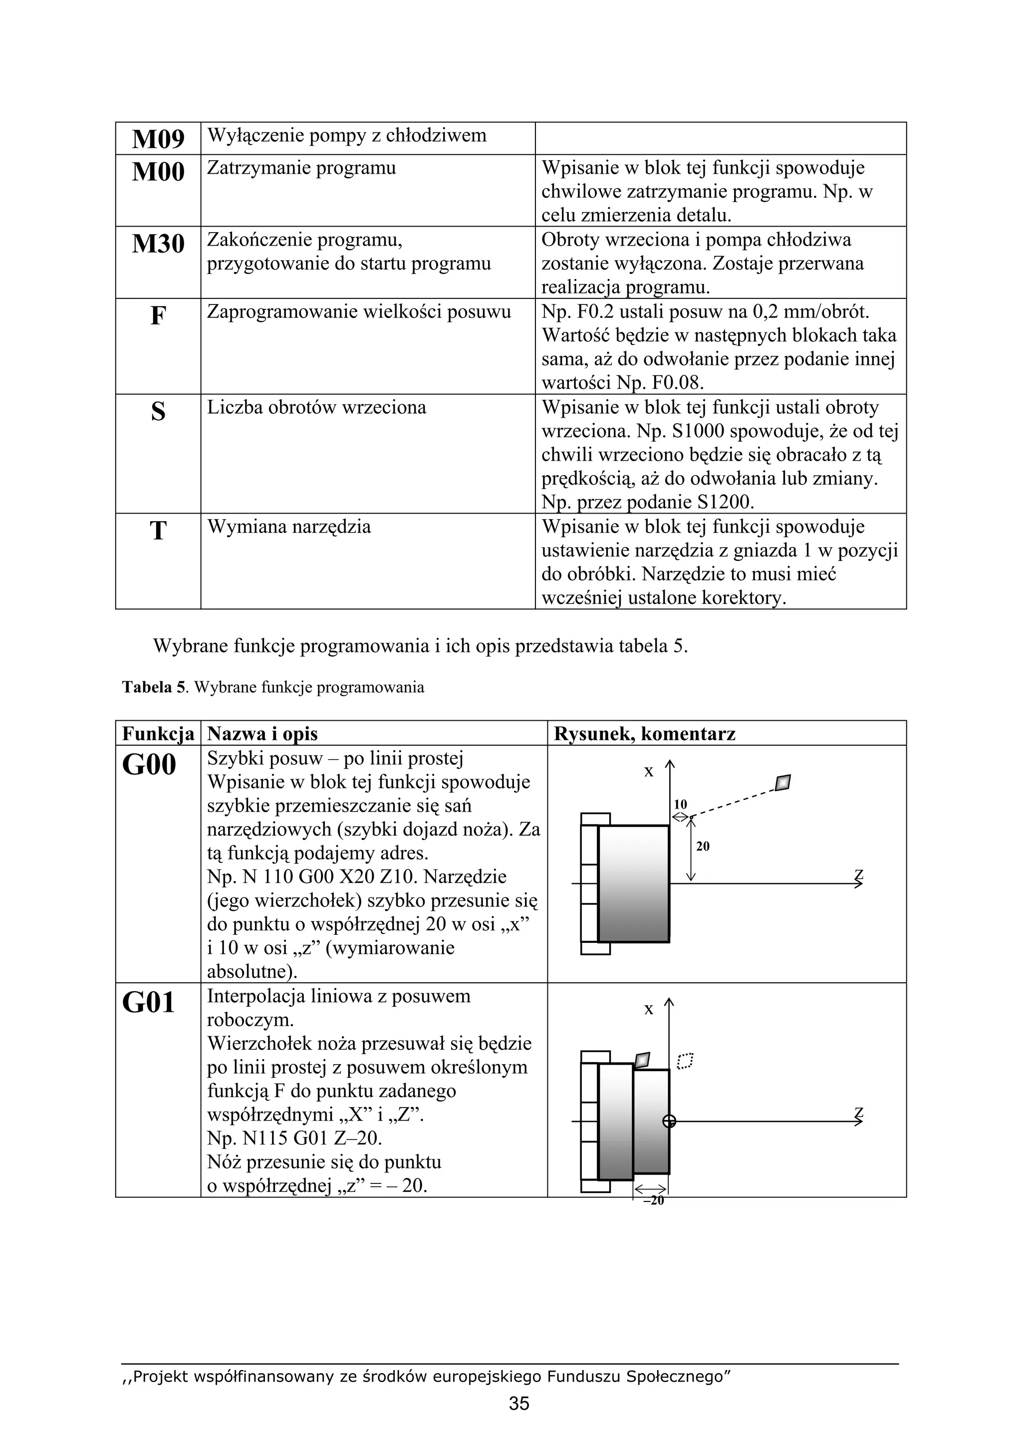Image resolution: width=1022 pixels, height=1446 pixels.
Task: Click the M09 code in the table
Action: coord(158,139)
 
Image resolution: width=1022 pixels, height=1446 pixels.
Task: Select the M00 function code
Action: coord(158,172)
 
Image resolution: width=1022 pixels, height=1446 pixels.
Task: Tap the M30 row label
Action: coord(158,244)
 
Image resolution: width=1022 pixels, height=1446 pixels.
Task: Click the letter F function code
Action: coord(158,315)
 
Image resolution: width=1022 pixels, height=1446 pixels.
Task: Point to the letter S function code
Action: coord(158,412)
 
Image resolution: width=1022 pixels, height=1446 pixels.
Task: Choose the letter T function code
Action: coord(158,531)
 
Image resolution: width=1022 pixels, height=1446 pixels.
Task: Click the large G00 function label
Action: coord(149,765)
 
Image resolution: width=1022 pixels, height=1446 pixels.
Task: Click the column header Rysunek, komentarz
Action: coord(644,734)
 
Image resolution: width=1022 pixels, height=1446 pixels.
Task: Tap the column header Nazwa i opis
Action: coord(262,734)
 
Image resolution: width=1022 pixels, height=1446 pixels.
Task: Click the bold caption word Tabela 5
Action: coord(154,687)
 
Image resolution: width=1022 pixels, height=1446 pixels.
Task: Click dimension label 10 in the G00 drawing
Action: coord(680,804)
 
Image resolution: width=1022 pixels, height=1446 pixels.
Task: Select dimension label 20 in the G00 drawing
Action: coord(703,847)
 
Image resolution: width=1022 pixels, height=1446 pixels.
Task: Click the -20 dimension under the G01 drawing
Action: coord(653,1201)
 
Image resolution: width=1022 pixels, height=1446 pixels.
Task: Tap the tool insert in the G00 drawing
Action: coord(782,782)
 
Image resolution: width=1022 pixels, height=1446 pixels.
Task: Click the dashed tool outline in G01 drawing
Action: coord(685,1061)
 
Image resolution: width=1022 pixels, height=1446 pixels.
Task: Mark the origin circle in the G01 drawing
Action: coord(669,1121)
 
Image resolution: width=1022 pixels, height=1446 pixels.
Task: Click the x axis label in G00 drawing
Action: coord(649,772)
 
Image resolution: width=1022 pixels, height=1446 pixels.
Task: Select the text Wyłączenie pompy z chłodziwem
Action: coord(346,135)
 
